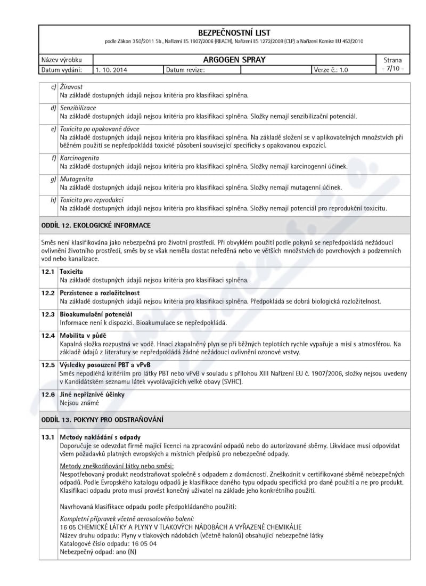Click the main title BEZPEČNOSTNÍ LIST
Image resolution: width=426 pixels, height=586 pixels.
[234, 33]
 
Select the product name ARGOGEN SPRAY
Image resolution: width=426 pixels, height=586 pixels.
[234, 60]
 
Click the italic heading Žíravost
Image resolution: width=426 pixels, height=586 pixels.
[71, 87]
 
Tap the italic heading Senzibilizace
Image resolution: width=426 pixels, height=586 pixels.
[78, 108]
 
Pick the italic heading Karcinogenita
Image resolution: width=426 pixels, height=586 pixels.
[79, 158]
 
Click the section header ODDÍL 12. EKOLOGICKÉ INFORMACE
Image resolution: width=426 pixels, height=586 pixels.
[96, 225]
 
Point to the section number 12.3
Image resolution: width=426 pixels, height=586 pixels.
[48, 314]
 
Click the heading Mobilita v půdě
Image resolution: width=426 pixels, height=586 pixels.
[83, 336]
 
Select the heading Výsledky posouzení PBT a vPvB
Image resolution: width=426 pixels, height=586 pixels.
[105, 365]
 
